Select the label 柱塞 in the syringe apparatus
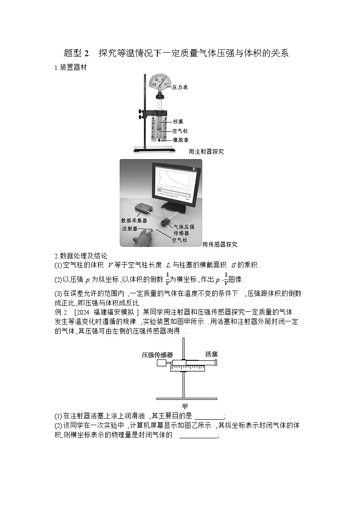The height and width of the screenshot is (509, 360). click(178, 121)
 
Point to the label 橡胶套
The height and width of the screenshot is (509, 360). click(181, 140)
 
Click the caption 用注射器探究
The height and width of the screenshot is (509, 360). click(206, 152)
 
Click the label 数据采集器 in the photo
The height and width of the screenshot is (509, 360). click(134, 220)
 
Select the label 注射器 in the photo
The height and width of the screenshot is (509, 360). click(130, 229)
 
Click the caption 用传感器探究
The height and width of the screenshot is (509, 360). click(220, 244)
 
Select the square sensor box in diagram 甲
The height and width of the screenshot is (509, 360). click(161, 363)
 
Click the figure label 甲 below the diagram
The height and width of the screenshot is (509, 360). click(185, 406)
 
